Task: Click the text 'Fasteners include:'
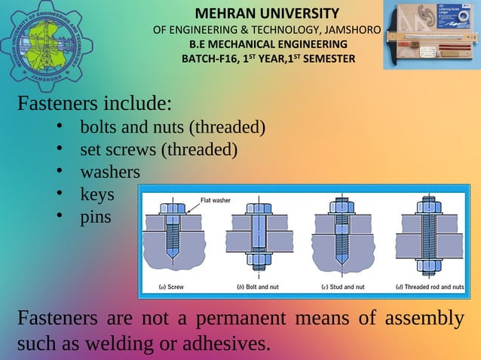coord(95,102)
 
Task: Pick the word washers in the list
coord(110,172)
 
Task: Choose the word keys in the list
coord(97,194)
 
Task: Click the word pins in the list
coord(95,217)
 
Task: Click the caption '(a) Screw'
coord(171,287)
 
